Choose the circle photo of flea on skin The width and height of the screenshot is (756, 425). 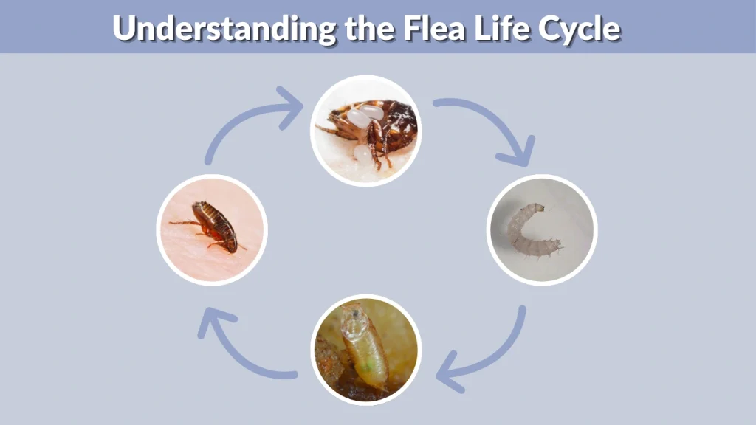point(212,229)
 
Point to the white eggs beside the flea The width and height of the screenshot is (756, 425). point(365,118)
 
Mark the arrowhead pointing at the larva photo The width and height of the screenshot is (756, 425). point(517,154)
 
